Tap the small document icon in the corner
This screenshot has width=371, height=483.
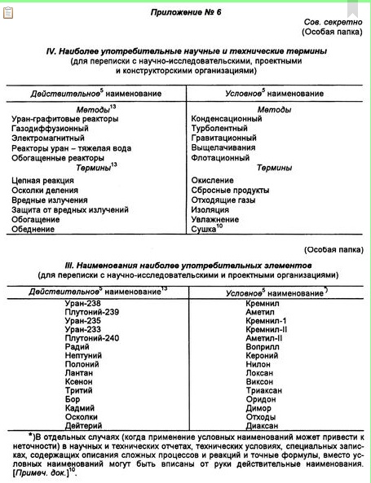[9, 11]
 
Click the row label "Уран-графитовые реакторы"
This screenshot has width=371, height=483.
[65, 120]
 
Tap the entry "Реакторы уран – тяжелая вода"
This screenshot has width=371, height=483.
[70, 149]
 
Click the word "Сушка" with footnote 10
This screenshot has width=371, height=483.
[205, 230]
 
